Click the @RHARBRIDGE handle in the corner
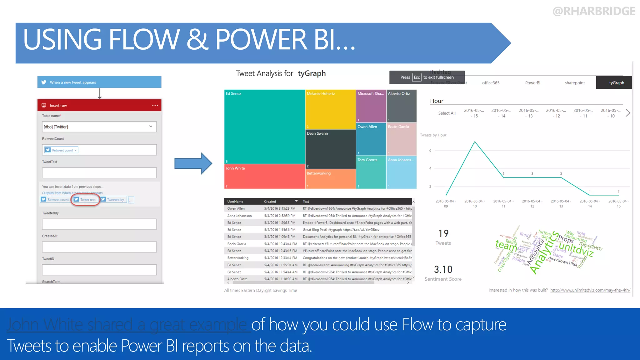click(594, 11)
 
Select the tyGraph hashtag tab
click(616, 83)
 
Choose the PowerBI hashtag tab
click(532, 83)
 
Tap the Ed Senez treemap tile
click(264, 127)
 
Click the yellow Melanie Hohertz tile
click(330, 109)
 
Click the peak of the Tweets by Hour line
click(475, 142)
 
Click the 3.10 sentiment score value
click(443, 270)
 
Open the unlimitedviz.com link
click(590, 290)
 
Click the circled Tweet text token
click(85, 200)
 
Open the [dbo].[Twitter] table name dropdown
click(151, 127)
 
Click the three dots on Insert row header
click(155, 105)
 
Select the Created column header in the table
click(270, 202)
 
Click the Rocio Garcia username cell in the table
click(237, 244)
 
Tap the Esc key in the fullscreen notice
click(417, 77)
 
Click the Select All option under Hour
click(447, 113)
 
